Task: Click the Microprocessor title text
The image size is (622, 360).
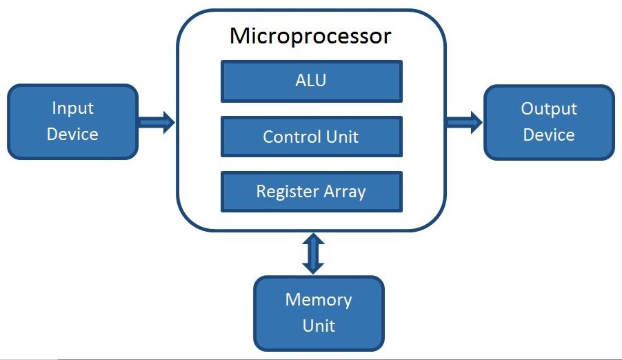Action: tap(310, 36)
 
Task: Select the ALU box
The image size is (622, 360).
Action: tap(311, 81)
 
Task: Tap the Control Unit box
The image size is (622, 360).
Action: tap(311, 137)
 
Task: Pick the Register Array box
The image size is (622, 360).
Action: tap(311, 191)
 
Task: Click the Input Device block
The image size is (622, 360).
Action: tap(72, 121)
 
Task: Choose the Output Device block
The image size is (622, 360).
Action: tap(549, 121)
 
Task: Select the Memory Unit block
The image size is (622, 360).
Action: tap(319, 312)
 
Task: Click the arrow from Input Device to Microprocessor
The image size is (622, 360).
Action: tap(157, 123)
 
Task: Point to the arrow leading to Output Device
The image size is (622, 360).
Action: tap(463, 123)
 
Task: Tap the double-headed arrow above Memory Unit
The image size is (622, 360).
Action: tap(313, 253)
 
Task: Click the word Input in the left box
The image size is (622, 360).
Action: tap(72, 108)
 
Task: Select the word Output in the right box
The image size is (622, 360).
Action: tap(549, 108)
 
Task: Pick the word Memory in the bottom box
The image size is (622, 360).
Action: tap(319, 300)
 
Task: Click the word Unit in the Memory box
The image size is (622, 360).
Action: tap(319, 325)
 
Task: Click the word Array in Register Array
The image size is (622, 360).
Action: tap(342, 191)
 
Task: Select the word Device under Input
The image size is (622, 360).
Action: tap(72, 134)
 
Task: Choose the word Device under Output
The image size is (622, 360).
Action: tap(549, 134)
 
